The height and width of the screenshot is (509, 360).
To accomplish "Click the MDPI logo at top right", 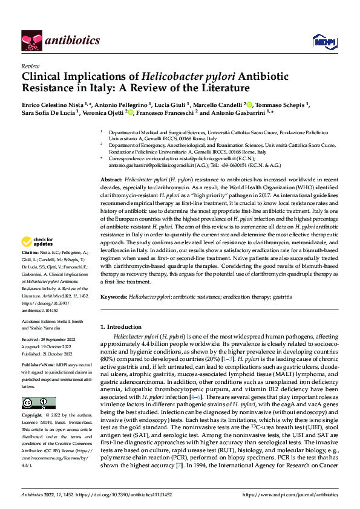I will (x=320, y=41).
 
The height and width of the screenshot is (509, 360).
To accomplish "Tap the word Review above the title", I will (x=30, y=66).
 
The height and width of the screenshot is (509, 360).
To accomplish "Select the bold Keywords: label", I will (x=114, y=297).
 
